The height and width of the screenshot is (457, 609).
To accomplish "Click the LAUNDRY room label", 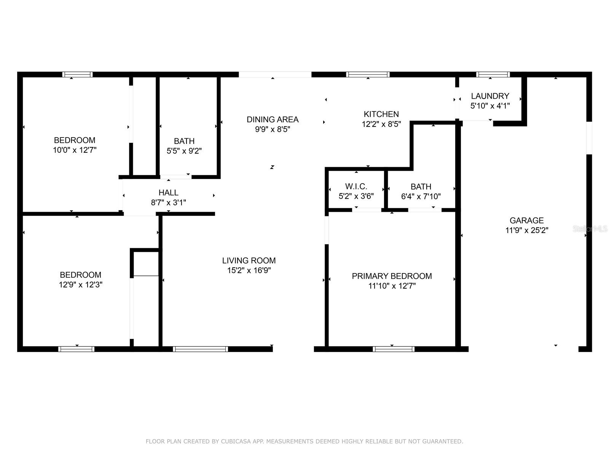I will tap(490, 96).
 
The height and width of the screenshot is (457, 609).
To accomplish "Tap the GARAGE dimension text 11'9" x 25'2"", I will tap(526, 230).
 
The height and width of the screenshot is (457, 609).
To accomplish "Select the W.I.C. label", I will tap(356, 187).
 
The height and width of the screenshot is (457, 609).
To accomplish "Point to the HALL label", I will tap(168, 193).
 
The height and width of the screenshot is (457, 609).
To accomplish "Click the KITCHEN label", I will tap(381, 114).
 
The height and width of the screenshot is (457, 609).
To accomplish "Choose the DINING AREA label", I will tap(273, 119).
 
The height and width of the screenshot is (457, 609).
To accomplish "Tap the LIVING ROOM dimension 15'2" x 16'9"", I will tap(249, 271).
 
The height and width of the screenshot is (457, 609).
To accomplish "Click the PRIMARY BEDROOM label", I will tap(392, 276).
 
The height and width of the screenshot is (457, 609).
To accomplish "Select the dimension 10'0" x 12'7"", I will tap(75, 150).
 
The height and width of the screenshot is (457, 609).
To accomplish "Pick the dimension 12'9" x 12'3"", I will tap(80, 285).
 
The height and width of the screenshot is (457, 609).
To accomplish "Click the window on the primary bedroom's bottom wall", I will tap(394, 349).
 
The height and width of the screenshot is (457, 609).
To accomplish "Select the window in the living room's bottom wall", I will tap(200, 349).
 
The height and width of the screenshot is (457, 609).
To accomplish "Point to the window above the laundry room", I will tap(493, 75).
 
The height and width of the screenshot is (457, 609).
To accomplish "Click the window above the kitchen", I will tap(368, 75).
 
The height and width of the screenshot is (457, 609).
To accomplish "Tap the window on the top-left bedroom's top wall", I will tap(78, 75).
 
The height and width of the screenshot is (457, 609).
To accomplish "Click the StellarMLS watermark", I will tap(590, 229).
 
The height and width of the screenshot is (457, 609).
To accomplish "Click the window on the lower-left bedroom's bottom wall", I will tap(76, 349).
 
